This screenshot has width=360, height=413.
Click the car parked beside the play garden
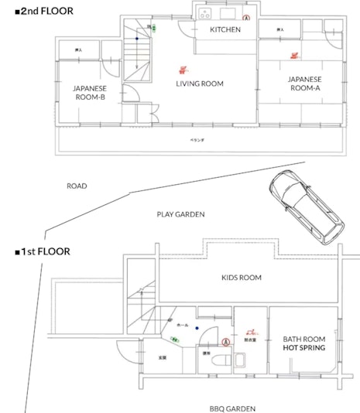click(x=304, y=205)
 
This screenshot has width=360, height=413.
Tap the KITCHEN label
click(x=225, y=30)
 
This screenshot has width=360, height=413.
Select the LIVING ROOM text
click(x=199, y=84)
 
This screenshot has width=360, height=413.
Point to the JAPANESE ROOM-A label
click(x=303, y=84)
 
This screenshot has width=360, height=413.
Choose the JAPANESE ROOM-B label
click(x=90, y=92)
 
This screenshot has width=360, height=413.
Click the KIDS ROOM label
click(x=241, y=278)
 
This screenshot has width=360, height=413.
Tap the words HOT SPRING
click(x=303, y=349)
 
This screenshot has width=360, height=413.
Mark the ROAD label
click(x=77, y=186)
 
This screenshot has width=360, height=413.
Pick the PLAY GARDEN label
click(x=180, y=215)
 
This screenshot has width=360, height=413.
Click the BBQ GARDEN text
click(x=232, y=408)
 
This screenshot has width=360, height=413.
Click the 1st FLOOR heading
click(x=43, y=251)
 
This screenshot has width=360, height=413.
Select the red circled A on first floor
click(x=226, y=341)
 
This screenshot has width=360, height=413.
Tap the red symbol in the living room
click(x=183, y=68)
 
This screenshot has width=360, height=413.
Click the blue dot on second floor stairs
click(x=137, y=38)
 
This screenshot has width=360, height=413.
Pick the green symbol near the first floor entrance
click(x=173, y=340)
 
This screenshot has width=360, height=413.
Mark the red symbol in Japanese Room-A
click(x=294, y=55)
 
